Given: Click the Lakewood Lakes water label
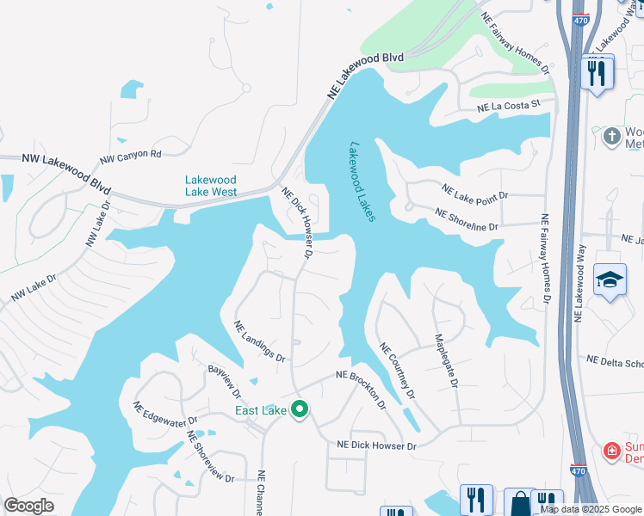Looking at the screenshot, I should [362, 182].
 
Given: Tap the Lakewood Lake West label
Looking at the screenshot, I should [211, 186].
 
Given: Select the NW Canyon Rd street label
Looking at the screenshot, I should [131, 157].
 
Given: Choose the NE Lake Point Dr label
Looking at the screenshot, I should [475, 192].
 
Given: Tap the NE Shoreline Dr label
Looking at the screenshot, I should [468, 219].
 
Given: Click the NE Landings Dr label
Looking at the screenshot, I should [259, 341].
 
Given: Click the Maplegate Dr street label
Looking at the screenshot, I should [444, 359].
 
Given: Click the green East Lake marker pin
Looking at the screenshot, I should [300, 409].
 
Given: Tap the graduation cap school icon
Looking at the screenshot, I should [610, 280].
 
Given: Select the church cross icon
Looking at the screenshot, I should [611, 136].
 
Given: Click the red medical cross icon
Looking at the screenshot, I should [612, 450].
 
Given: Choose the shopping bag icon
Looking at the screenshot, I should [521, 501].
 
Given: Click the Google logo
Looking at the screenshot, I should [29, 506].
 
